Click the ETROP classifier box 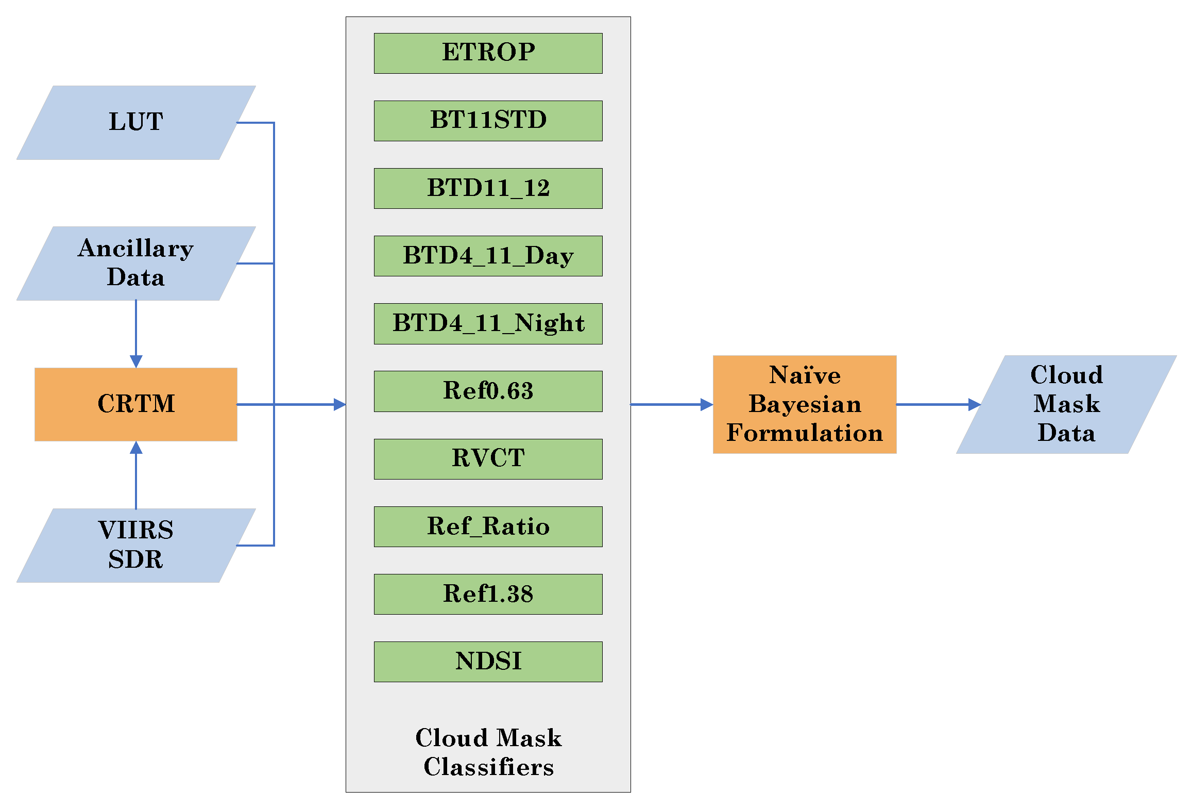click(488, 53)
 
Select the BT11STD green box click(488, 121)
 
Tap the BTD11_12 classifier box click(488, 188)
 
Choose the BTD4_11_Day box click(488, 256)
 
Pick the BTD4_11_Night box click(488, 323)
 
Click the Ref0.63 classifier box click(488, 391)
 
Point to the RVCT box click(488, 458)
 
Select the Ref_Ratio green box click(488, 526)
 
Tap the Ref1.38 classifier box click(488, 594)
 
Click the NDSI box click(488, 661)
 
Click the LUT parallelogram click(136, 123)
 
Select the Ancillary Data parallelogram click(136, 263)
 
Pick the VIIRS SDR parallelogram click(136, 545)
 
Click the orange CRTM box click(136, 404)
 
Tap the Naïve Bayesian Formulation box click(804, 404)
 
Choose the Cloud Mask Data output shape click(1066, 404)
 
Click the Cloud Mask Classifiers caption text click(488, 752)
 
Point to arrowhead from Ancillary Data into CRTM click(136, 361)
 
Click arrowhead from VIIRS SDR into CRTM click(136, 448)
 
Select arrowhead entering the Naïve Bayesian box click(707, 404)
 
